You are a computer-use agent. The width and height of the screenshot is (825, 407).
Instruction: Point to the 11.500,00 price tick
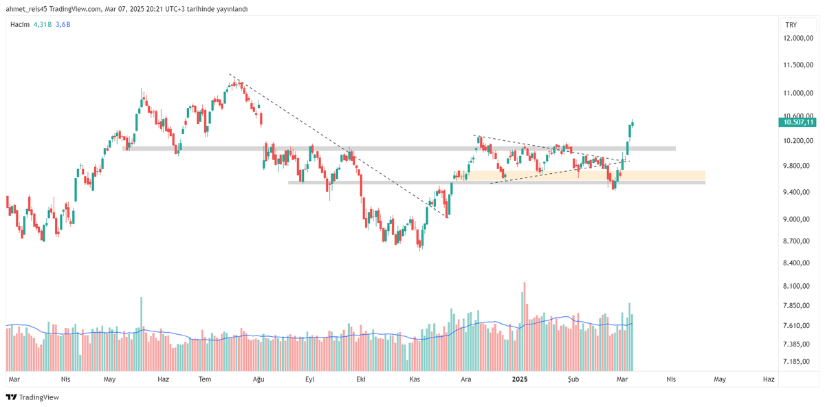tap(797, 65)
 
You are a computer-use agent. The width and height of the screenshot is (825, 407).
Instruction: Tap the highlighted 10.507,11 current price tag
tap(797, 122)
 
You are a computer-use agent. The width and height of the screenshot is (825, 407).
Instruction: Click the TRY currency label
tap(791, 24)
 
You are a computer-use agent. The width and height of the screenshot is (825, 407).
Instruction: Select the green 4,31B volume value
tap(42, 24)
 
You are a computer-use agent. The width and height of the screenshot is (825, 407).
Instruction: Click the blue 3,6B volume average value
tap(63, 24)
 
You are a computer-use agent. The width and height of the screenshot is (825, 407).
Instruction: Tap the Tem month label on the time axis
tap(204, 379)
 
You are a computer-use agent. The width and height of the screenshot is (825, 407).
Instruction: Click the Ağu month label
tap(258, 379)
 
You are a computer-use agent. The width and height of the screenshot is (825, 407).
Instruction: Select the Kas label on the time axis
tap(415, 379)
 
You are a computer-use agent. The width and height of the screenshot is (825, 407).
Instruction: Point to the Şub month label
tap(573, 379)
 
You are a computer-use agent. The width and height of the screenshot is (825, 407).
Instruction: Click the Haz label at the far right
tap(769, 379)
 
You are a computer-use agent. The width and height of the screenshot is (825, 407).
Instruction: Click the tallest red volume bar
tap(525, 327)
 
